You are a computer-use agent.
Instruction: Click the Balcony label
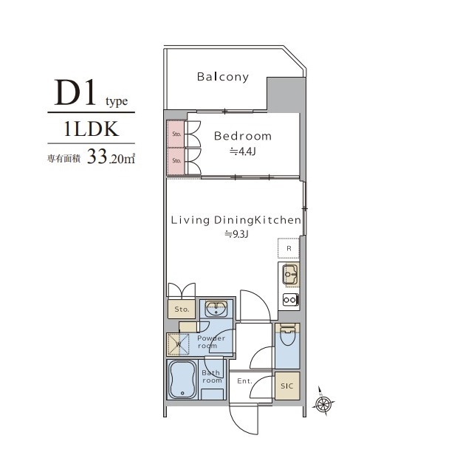pyautogui.click(x=223, y=77)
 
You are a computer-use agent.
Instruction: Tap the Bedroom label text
pyautogui.click(x=243, y=136)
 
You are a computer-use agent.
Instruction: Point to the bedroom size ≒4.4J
pyautogui.click(x=243, y=151)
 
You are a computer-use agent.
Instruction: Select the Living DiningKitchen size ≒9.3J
pyautogui.click(x=236, y=234)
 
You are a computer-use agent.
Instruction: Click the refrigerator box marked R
pyautogui.click(x=289, y=248)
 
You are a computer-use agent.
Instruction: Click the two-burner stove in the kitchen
pyautogui.click(x=291, y=300)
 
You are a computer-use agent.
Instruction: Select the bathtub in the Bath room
pyautogui.click(x=183, y=380)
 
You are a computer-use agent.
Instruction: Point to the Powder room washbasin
pyautogui.click(x=216, y=309)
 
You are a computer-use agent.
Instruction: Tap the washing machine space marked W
pyautogui.click(x=178, y=344)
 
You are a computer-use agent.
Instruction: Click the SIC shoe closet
pyautogui.click(x=287, y=386)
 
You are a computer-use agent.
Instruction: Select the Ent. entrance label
pyautogui.click(x=244, y=381)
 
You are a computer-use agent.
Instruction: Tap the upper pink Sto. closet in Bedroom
pyautogui.click(x=176, y=134)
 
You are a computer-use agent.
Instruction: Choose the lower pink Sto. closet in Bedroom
pyautogui.click(x=176, y=161)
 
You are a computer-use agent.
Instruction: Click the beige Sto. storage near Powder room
pyautogui.click(x=182, y=309)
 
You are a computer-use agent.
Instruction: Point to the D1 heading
pyautogui.click(x=75, y=92)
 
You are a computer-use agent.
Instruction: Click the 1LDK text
pyautogui.click(x=92, y=129)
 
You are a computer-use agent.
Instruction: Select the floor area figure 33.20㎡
pyautogui.click(x=111, y=157)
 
